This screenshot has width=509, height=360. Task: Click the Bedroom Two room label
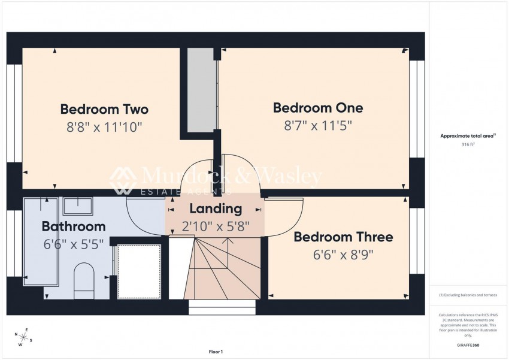[x=104, y=110]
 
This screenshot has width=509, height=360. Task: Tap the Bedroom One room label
[x=318, y=108]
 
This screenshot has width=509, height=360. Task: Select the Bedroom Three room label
[x=343, y=237]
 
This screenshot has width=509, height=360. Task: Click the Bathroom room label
[x=74, y=226]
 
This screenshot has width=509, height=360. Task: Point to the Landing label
[x=216, y=209]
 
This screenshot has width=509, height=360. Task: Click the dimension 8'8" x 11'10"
[x=104, y=127]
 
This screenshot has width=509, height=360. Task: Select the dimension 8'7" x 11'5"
[x=318, y=125]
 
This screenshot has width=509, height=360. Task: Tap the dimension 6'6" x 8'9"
[x=343, y=254]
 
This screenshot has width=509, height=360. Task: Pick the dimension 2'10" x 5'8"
[x=216, y=226]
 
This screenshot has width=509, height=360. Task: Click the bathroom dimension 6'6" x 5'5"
[x=74, y=244]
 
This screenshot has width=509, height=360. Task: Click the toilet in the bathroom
[x=83, y=280]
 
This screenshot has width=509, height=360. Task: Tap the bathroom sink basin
[x=77, y=207]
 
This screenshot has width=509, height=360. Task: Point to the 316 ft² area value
[x=468, y=145]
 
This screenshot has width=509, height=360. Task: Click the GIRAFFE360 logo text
[x=468, y=346]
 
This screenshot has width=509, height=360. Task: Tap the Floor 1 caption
[x=215, y=352]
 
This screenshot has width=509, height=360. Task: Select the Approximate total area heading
[x=468, y=137]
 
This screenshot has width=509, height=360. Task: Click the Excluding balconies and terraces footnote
[x=468, y=295]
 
